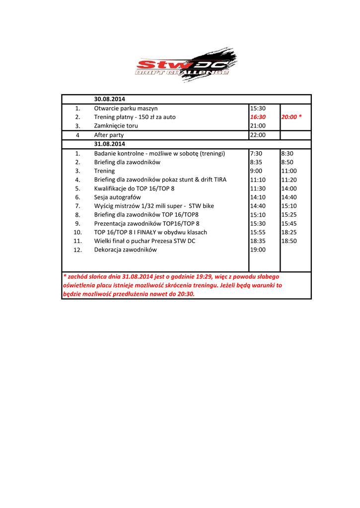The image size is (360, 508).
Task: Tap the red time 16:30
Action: pyautogui.click(x=258, y=117)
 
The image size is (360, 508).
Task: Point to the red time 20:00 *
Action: pyautogui.click(x=291, y=117)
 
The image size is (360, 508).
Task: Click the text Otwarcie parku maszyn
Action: pyautogui.click(x=126, y=108)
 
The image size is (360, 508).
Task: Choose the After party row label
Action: pyautogui.click(x=109, y=135)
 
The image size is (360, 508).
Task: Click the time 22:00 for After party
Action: pyautogui.click(x=258, y=135)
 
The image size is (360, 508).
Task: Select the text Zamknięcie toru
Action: pyautogui.click(x=116, y=126)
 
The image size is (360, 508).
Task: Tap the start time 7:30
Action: pyautogui.click(x=256, y=153)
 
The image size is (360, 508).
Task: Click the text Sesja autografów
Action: pyautogui.click(x=118, y=197)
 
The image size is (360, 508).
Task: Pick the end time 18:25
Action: pyautogui.click(x=289, y=232)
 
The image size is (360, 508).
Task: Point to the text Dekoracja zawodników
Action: pyautogui.click(x=125, y=250)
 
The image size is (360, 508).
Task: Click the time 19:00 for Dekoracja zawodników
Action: pyautogui.click(x=258, y=250)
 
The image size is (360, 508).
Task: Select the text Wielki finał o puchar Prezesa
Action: pyautogui.click(x=144, y=241)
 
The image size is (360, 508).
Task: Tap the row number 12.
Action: pyautogui.click(x=77, y=250)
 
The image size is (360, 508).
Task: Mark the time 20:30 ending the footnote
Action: pyautogui.click(x=185, y=294)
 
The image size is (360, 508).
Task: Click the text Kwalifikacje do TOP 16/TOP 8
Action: pyautogui.click(x=134, y=189)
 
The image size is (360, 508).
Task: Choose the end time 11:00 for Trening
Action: pyautogui.click(x=289, y=171)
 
